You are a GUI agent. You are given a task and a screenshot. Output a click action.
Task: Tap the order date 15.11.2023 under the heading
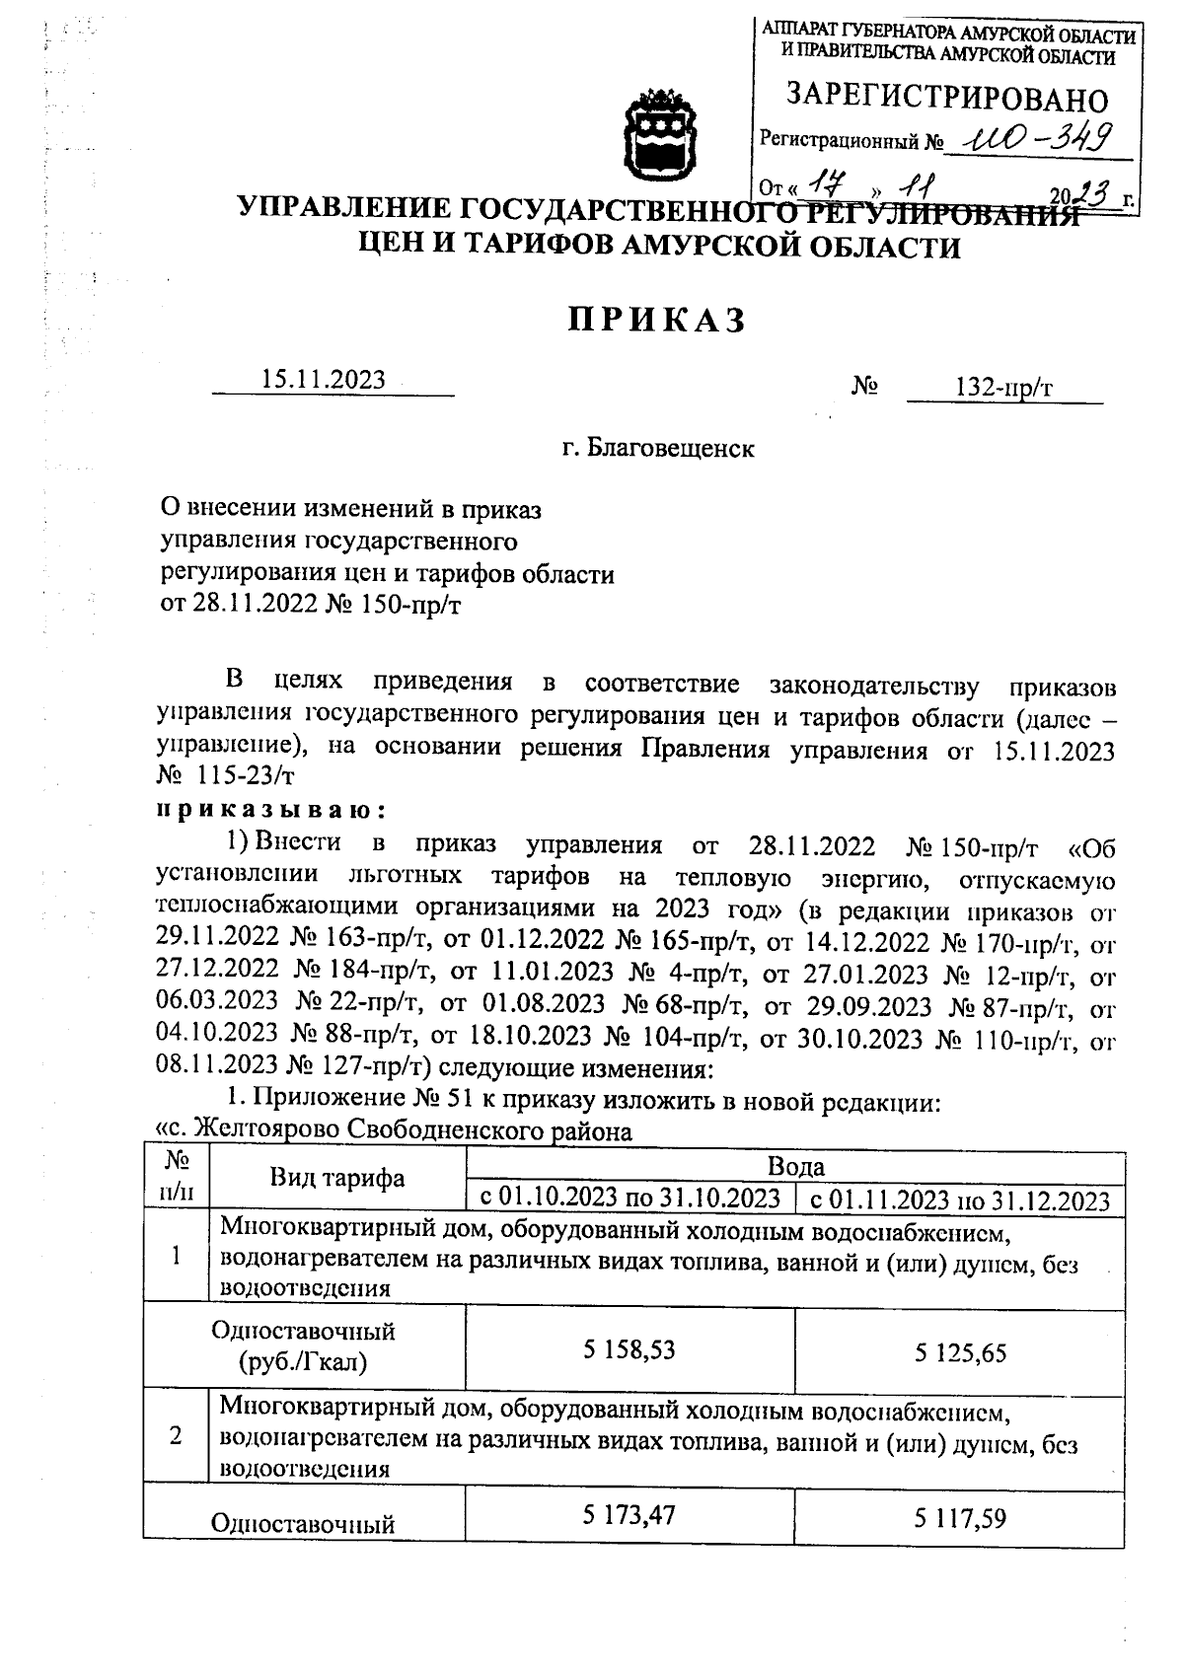coord(323,381)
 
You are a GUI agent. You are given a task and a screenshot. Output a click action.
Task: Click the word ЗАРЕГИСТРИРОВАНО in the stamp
coord(946,99)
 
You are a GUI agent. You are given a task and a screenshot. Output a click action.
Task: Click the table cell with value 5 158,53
coord(629,1349)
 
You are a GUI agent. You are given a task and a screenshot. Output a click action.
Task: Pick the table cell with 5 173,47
coord(629,1514)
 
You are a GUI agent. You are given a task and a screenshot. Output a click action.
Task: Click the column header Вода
coord(795,1167)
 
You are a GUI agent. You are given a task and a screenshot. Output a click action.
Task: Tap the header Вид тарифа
coord(337,1178)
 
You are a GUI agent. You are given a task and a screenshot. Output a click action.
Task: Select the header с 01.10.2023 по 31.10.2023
coord(629,1199)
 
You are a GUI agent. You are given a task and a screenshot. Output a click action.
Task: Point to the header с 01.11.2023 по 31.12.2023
coord(960,1200)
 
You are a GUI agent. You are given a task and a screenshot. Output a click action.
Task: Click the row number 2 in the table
coord(176,1436)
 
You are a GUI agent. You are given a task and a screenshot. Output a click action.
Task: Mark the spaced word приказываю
coord(269,810)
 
